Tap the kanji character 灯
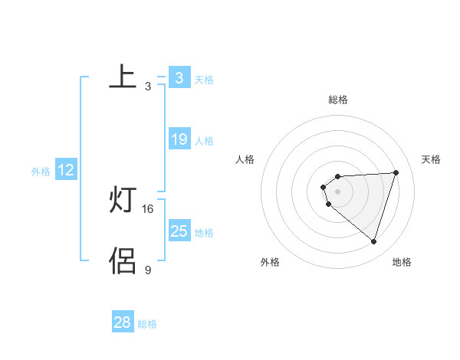123,201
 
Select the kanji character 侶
123,260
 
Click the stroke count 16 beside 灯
148,208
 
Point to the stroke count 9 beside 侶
148,269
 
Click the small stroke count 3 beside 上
148,87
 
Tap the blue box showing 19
179,139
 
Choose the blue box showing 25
179,231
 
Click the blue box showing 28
122,322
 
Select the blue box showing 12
66,170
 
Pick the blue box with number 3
179,78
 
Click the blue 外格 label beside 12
41,172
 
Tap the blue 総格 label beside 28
147,324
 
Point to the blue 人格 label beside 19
204,141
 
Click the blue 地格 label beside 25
204,232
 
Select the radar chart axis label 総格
337,100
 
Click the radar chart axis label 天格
431,159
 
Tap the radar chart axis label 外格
270,263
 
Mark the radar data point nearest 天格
396,172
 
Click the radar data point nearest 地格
373,241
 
